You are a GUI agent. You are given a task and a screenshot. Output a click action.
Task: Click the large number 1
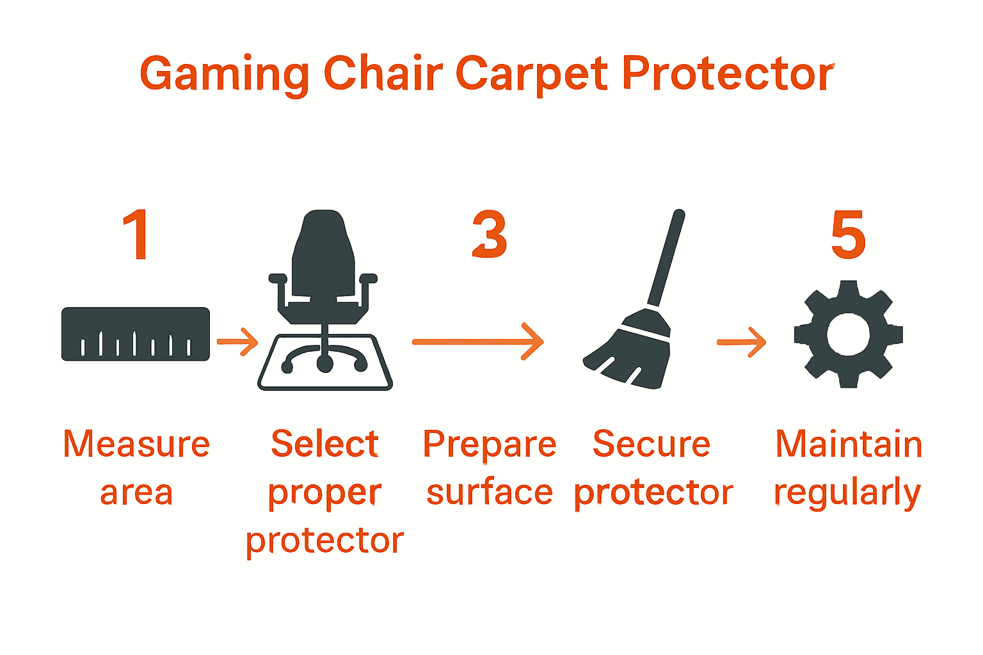tap(136, 235)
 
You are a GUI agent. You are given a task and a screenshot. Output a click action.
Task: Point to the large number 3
tap(490, 235)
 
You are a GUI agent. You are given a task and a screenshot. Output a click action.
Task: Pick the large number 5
tap(848, 235)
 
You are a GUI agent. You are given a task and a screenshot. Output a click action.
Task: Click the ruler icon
tap(136, 334)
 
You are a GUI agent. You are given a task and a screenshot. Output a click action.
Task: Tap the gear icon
tap(848, 335)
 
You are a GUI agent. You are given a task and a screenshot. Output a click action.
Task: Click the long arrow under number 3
tap(477, 342)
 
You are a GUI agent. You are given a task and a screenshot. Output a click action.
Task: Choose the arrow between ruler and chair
tap(237, 342)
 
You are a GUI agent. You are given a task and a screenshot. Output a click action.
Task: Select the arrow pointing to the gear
tap(741, 342)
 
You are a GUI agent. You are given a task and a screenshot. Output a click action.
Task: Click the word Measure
tap(136, 444)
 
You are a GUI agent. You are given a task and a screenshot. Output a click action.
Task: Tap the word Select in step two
tap(324, 444)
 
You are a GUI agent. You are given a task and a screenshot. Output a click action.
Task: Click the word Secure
tap(651, 444)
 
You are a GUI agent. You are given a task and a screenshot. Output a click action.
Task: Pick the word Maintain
tap(849, 444)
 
